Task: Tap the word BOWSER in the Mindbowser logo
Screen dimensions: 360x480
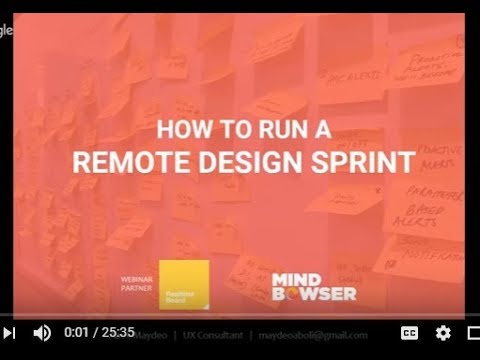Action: click(314, 293)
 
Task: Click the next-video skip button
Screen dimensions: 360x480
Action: click(8, 333)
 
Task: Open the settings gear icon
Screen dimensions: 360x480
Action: click(443, 333)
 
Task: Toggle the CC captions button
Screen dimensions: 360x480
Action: click(410, 333)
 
